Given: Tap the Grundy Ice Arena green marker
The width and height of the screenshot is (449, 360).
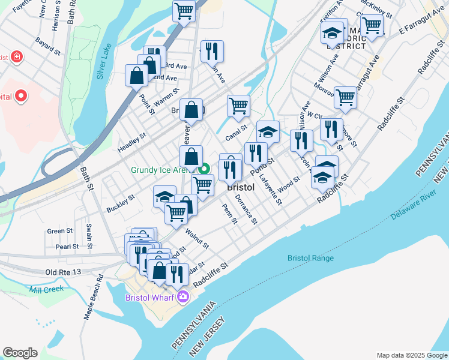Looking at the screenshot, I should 204,169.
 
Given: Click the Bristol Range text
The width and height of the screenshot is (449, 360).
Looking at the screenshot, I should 310,258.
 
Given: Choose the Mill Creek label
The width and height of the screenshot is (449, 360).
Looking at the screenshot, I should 46,289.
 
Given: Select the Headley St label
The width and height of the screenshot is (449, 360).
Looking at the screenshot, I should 132,145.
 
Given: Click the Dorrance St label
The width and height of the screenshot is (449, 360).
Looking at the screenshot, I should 246,209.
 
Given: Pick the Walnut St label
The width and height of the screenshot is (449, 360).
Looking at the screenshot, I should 197,238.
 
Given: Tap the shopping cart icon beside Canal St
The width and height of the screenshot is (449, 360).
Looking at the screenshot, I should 238,106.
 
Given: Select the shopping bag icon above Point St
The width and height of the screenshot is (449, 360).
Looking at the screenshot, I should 137,75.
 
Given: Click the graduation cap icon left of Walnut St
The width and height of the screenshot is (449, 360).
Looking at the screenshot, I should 164,196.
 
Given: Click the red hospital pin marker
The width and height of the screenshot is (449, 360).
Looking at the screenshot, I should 21,95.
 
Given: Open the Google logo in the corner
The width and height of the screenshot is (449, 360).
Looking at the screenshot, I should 20,353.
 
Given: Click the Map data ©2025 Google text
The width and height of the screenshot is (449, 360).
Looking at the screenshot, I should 411,355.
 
